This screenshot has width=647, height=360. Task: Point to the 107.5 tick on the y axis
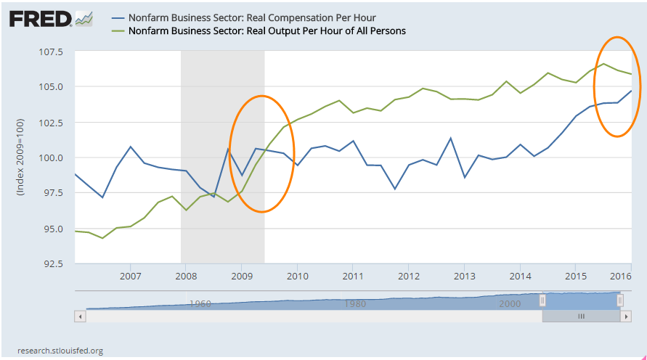point(50,52)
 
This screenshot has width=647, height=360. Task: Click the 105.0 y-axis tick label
point(50,87)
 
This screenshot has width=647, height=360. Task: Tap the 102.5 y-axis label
point(50,123)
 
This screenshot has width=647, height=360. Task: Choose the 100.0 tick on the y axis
point(50,158)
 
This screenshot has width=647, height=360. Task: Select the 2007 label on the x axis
point(130,277)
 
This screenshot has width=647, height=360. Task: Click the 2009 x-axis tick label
point(241,277)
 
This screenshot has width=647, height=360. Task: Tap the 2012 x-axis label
point(408,277)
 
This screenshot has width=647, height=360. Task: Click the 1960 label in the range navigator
point(200,303)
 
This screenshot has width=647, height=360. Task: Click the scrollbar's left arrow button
point(80,316)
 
